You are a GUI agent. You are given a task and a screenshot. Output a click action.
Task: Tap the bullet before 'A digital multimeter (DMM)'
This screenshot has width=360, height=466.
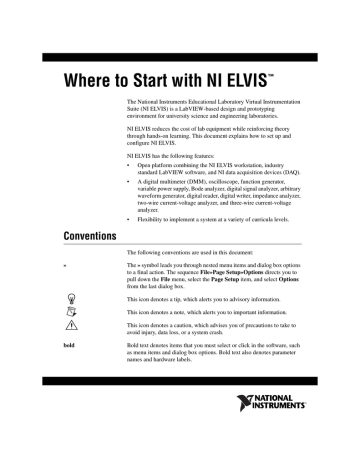[x=130, y=208]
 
